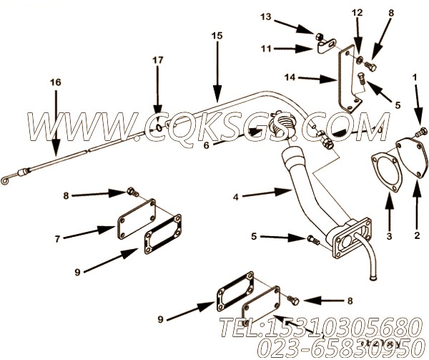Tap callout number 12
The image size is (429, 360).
click(357, 13)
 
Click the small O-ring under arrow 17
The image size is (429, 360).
click(157, 129)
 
